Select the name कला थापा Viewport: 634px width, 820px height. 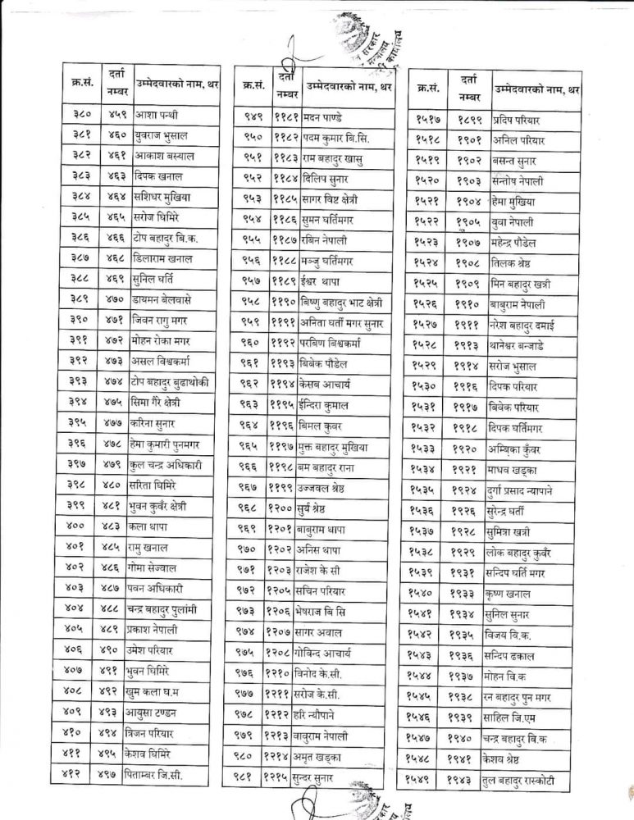coord(149,524)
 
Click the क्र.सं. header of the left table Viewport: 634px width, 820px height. coord(80,84)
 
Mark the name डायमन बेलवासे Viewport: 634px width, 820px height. coord(165,298)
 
